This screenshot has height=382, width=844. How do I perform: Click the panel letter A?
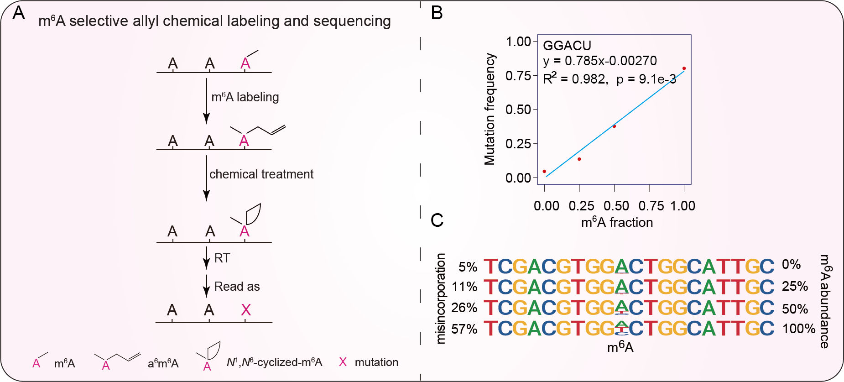[x=18, y=13]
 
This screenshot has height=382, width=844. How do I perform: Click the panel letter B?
[x=437, y=13]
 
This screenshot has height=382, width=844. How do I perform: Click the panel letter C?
[x=437, y=220]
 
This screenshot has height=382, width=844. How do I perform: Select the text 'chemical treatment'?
[x=261, y=174]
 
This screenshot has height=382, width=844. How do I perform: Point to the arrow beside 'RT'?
[x=207, y=258]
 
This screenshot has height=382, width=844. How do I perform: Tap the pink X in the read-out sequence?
[x=246, y=310]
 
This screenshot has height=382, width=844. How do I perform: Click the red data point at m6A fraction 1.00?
[x=684, y=68]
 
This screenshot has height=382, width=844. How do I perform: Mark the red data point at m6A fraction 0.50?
[x=614, y=126]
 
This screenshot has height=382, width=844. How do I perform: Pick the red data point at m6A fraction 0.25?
[x=579, y=159]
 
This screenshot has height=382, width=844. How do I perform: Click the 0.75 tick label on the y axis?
[x=518, y=75]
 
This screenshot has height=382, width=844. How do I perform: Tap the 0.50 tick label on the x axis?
[x=616, y=206]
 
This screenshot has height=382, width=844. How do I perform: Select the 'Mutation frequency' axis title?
[x=490, y=109]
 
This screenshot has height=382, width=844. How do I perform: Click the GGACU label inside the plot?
[x=567, y=46]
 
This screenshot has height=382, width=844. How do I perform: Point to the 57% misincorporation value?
[x=464, y=329]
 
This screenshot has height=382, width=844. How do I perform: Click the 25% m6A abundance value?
[x=795, y=286]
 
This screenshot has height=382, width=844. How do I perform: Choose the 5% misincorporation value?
[x=468, y=267]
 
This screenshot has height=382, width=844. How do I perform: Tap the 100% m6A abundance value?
[x=799, y=329]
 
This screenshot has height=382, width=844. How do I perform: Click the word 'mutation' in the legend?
[x=376, y=362]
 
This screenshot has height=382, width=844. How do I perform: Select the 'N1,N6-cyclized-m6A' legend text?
[x=274, y=362]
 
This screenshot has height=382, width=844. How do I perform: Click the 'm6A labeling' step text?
[x=245, y=97]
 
